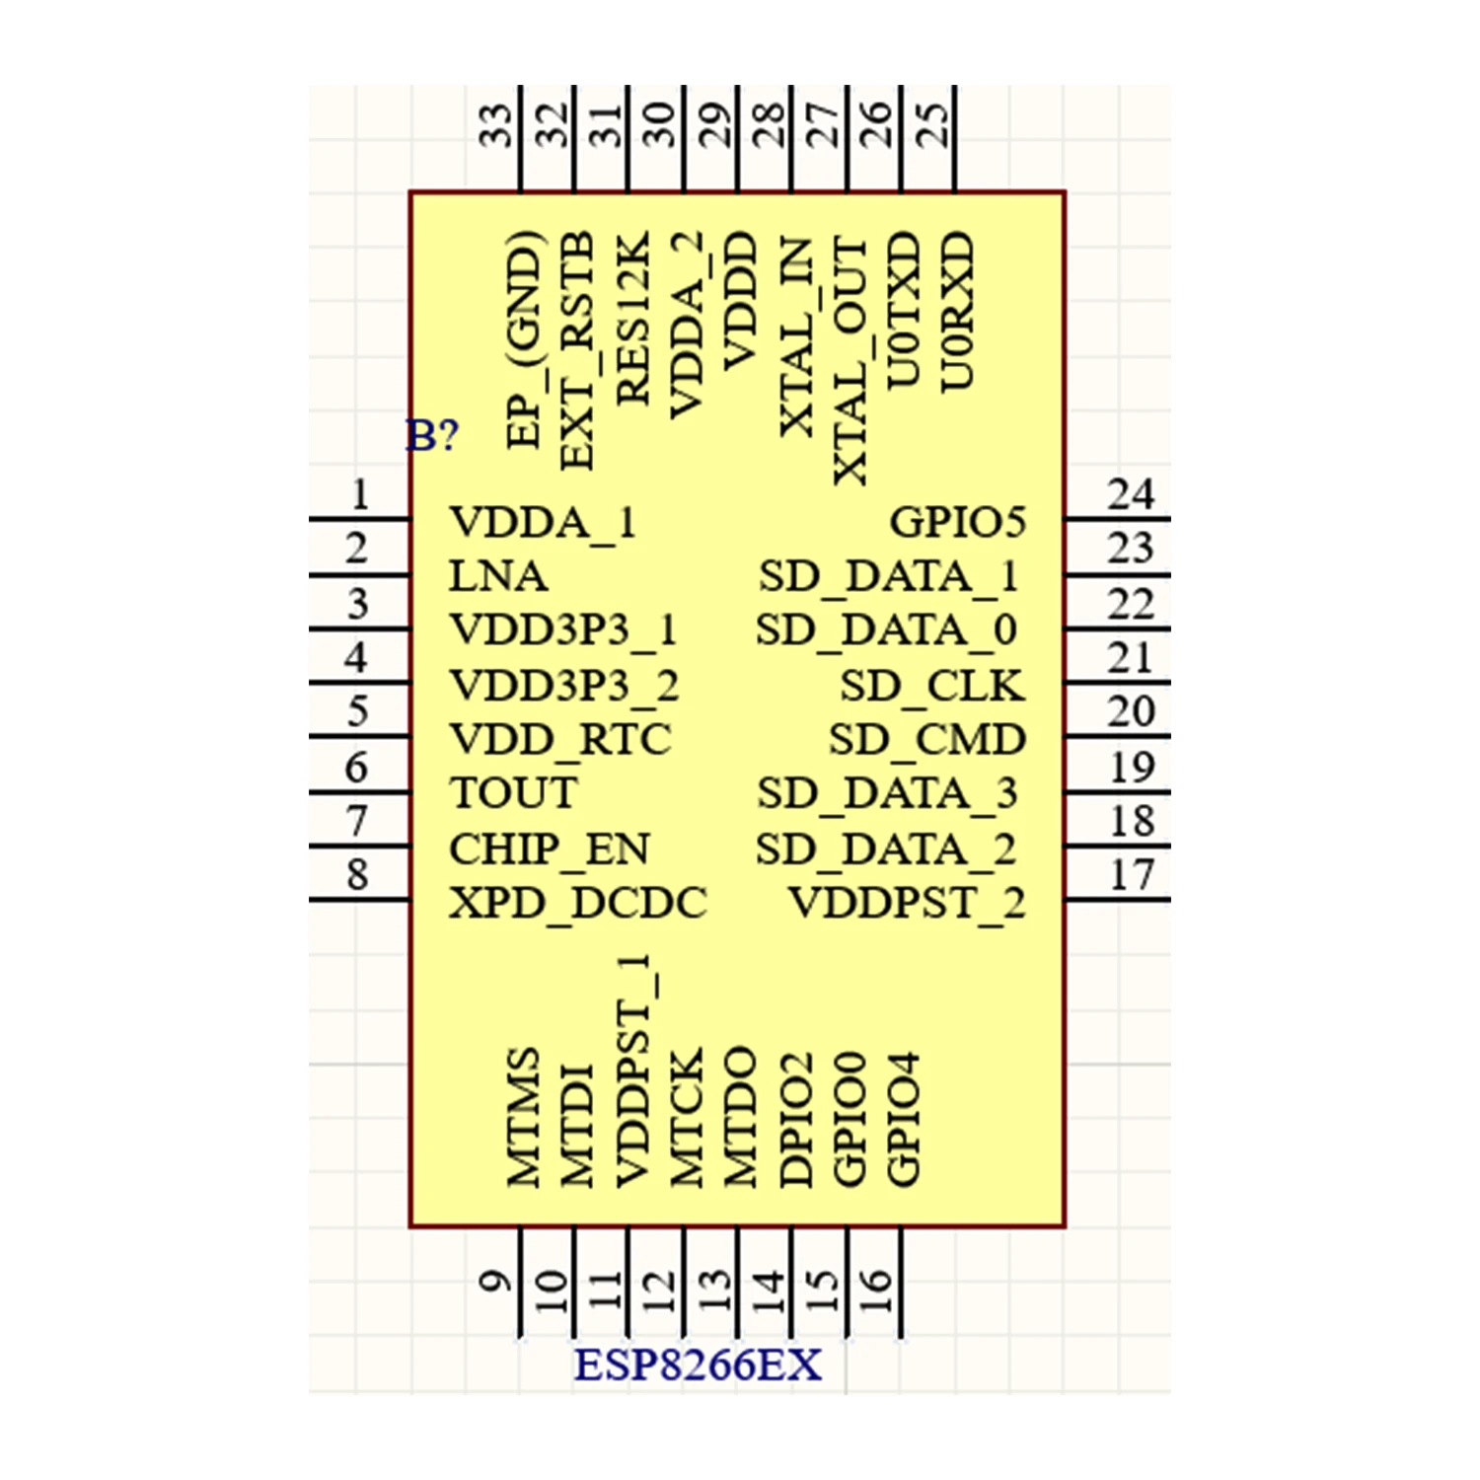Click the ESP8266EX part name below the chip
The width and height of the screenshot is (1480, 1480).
coord(698,1367)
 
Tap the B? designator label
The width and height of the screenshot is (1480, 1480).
coord(432,435)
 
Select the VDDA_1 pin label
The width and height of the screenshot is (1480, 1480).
coord(542,522)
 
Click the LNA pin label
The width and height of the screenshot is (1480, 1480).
coord(497,576)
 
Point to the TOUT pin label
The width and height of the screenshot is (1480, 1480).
coord(513,793)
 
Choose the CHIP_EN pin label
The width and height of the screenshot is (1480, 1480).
coord(549,849)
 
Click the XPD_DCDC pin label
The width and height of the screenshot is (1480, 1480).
coord(577,903)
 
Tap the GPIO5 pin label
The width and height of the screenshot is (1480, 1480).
coord(957,522)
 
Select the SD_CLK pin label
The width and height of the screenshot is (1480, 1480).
coord(931,686)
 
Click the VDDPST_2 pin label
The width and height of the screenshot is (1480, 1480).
coord(906,903)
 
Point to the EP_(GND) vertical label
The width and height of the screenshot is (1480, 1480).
coord(523,339)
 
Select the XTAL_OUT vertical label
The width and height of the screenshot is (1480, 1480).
coord(850,360)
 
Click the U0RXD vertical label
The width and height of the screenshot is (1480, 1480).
coord(956,311)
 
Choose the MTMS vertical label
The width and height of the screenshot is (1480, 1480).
coord(523,1116)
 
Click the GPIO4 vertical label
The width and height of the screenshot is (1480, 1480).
coord(903,1118)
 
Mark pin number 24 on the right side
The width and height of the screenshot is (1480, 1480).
coord(1130,494)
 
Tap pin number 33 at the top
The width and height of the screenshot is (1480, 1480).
coord(496,126)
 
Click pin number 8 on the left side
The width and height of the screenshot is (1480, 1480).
coord(357,874)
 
